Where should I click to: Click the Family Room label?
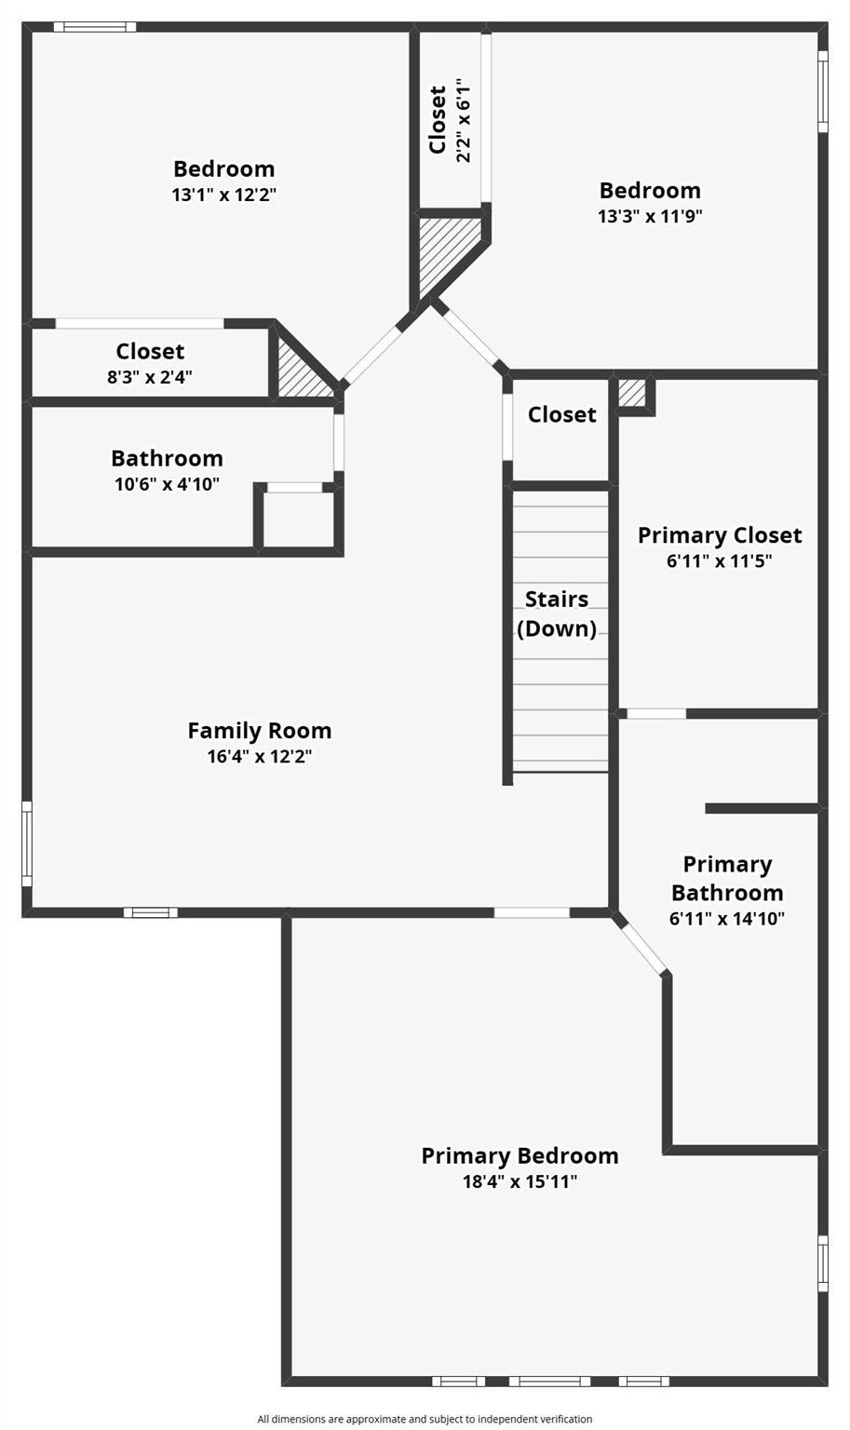[x=259, y=731]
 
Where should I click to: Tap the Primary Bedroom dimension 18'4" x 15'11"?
[x=519, y=1181]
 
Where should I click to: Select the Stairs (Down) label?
[x=557, y=614]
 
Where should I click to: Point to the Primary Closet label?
[x=719, y=535]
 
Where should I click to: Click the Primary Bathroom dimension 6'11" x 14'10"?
[x=726, y=919]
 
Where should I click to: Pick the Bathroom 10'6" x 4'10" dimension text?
[x=167, y=484]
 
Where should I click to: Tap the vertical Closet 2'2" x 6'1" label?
[x=449, y=120]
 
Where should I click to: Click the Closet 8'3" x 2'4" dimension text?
[x=149, y=377]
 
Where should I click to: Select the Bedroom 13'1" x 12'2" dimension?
[x=223, y=195]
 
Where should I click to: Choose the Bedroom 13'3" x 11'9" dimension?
[x=650, y=216]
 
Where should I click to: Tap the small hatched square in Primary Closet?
[x=632, y=392]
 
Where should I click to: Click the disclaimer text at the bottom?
[x=425, y=1419]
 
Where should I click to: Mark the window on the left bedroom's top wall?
[x=95, y=27]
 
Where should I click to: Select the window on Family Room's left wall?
[x=27, y=843]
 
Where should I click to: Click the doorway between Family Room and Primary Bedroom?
[x=532, y=912]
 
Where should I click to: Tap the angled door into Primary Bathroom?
[x=641, y=948]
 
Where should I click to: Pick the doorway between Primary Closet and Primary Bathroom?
[x=656, y=714]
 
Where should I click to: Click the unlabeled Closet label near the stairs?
[x=561, y=414]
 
